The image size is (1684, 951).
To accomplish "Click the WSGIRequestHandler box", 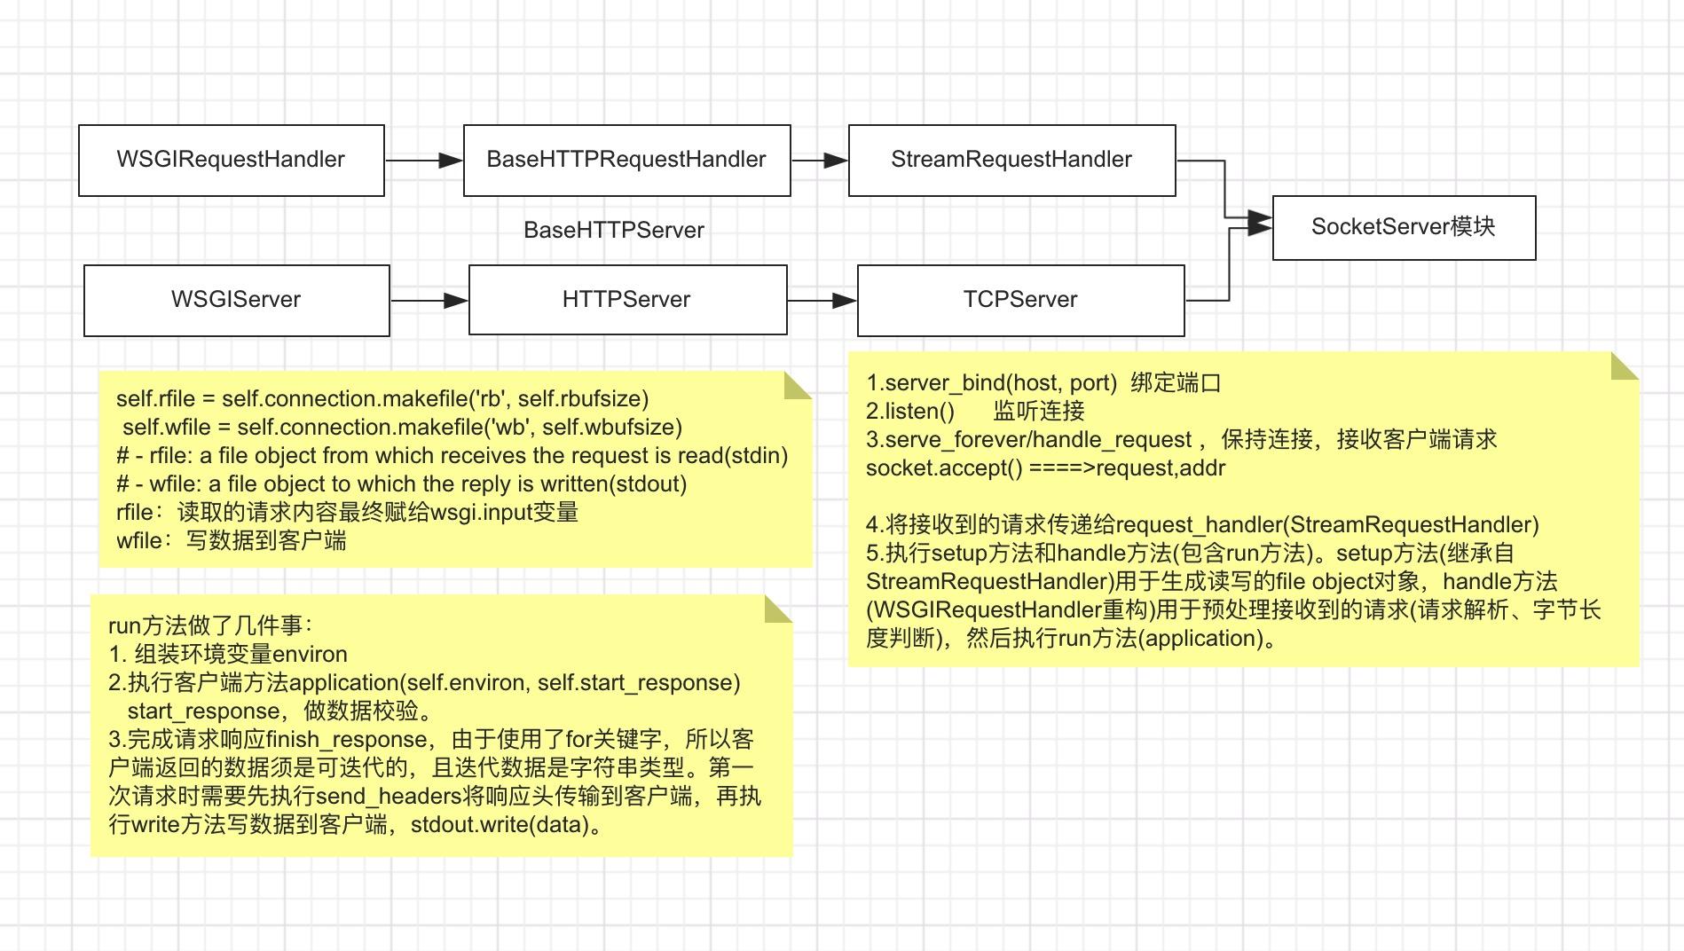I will pos(231,160).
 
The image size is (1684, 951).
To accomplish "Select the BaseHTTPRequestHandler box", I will pos(626,160).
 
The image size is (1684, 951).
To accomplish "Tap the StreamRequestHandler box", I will pos(1011,160).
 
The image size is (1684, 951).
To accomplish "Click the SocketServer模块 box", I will pos(1404,227).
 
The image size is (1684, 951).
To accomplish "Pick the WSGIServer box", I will pos(236,300).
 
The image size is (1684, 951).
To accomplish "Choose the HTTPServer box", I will pos(626,300).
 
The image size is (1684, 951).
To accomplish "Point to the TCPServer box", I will pos(1020,300).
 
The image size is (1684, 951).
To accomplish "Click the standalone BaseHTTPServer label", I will pos(614,231).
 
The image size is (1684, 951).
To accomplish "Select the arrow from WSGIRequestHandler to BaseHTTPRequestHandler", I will pos(424,161).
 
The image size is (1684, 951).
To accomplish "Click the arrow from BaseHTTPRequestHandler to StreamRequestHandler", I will pos(819,161).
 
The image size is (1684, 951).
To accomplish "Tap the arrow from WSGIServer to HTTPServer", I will pos(429,301).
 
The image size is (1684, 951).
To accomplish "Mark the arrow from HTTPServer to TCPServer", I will pos(822,301).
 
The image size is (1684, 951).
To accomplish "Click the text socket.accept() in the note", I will pos(944,468).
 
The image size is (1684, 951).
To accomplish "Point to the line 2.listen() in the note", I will pos(910,412).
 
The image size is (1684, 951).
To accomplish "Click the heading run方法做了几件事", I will pos(210,626).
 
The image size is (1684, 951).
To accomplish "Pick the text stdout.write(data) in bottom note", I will pos(500,825).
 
